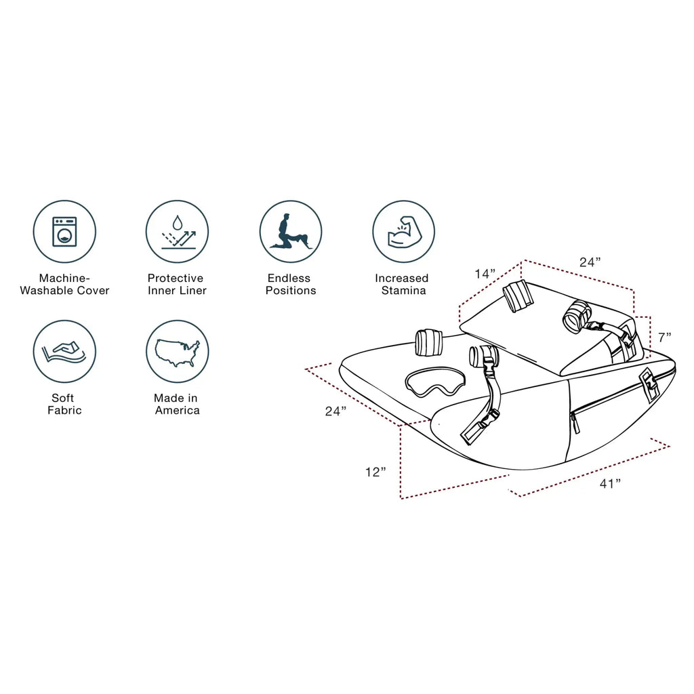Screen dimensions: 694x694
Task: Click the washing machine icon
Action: (64, 231)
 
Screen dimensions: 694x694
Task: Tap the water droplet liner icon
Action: (178, 231)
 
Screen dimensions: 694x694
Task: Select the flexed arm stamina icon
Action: (404, 231)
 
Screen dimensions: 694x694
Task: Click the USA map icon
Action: (178, 351)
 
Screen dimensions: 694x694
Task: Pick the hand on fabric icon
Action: (64, 351)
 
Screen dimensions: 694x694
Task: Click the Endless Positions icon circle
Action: (291, 231)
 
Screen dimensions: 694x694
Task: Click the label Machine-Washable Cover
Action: (64, 284)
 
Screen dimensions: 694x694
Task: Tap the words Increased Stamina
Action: (402, 284)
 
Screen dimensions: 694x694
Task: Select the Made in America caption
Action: (177, 404)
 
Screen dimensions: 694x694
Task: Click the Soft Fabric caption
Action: (64, 404)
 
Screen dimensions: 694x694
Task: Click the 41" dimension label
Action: (610, 483)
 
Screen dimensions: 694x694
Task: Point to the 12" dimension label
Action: (375, 472)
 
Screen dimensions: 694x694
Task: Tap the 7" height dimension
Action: (665, 337)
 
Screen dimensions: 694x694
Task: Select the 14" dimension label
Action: (485, 274)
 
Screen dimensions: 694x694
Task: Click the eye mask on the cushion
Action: (434, 381)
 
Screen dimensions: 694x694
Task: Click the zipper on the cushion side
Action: (607, 401)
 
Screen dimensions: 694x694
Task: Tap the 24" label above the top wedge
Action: (590, 262)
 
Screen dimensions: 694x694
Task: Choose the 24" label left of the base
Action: (335, 411)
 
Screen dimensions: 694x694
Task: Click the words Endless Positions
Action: (291, 284)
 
